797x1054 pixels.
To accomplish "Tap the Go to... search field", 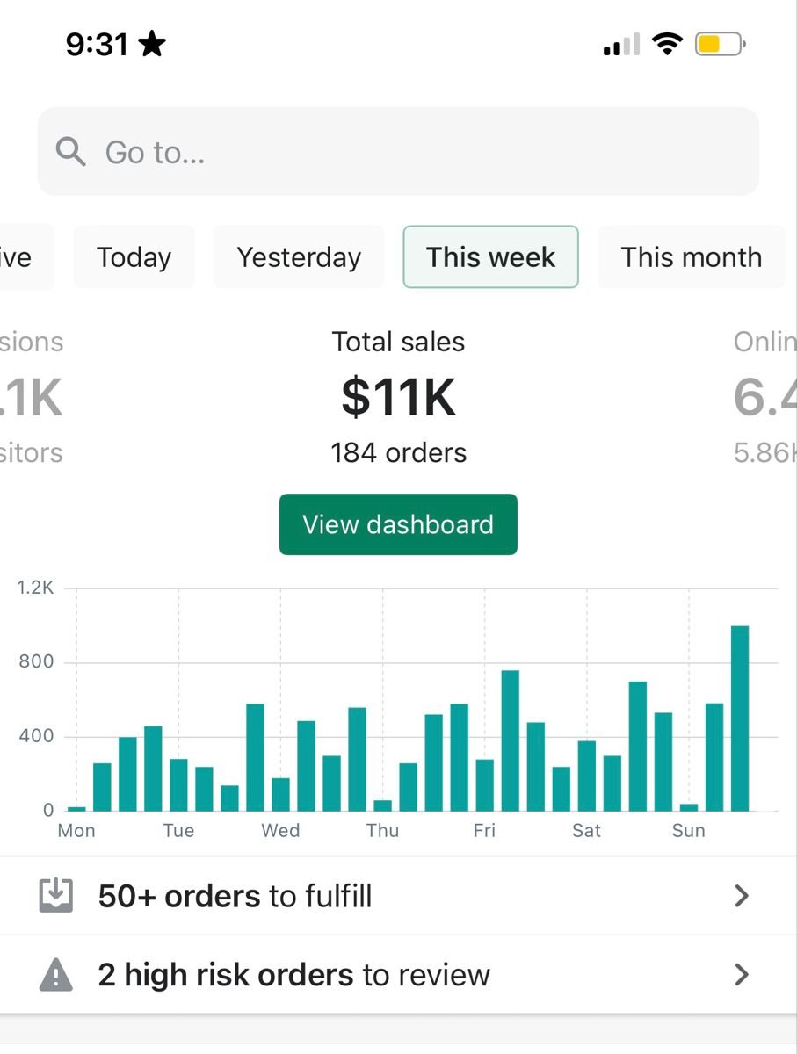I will pyautogui.click(x=397, y=152).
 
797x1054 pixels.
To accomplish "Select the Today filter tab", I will pyautogui.click(x=134, y=257).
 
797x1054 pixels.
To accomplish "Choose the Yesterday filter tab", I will pyautogui.click(x=299, y=257).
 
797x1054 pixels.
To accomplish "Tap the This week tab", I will pyautogui.click(x=490, y=257).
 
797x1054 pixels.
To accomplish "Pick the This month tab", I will pyautogui.click(x=691, y=257).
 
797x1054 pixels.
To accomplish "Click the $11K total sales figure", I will pyautogui.click(x=398, y=397).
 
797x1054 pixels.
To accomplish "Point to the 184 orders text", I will pyautogui.click(x=398, y=453).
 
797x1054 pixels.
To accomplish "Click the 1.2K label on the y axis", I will pyautogui.click(x=35, y=588).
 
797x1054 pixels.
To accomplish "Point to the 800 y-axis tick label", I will pyautogui.click(x=36, y=662).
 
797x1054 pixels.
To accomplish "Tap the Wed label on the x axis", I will pyautogui.click(x=280, y=831).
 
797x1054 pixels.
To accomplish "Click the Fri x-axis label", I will pyautogui.click(x=484, y=831).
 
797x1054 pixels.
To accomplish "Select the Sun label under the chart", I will pyautogui.click(x=688, y=831).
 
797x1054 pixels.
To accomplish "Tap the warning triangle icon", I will pyautogui.click(x=55, y=975).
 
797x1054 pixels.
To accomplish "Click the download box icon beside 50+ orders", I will pyautogui.click(x=55, y=896).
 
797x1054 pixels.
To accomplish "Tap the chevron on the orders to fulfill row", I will pyautogui.click(x=742, y=896).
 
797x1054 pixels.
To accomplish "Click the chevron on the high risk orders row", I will pyautogui.click(x=742, y=975).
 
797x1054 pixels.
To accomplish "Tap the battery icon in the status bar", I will pyautogui.click(x=720, y=44).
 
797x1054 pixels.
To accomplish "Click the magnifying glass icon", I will pyautogui.click(x=70, y=152).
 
